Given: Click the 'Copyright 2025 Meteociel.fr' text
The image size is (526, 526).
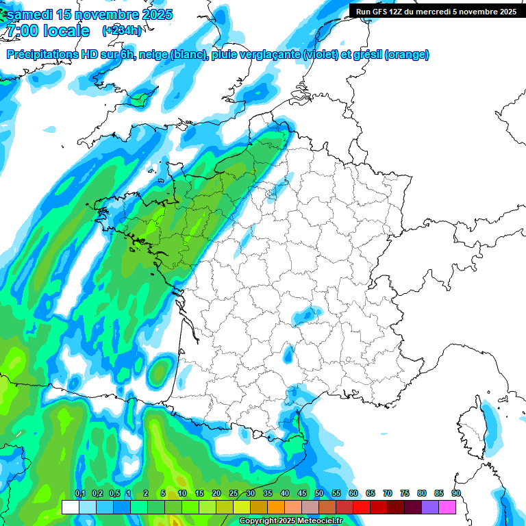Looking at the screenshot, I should tap(291, 521).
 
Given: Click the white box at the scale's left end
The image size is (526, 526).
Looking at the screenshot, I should tap(70, 508).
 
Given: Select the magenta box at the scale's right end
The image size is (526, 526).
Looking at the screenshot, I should tap(447, 508).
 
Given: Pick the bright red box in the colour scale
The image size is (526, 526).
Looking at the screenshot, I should tap(362, 508).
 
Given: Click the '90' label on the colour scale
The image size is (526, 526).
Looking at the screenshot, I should tap(455, 494).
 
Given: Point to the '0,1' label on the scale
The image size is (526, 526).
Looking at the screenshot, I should tap(79, 494).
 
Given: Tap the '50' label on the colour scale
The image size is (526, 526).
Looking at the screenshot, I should tap(319, 494).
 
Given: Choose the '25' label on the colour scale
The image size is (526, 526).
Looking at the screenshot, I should tap(234, 494).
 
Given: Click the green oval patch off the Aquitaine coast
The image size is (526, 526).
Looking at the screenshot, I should tap(160, 371).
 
